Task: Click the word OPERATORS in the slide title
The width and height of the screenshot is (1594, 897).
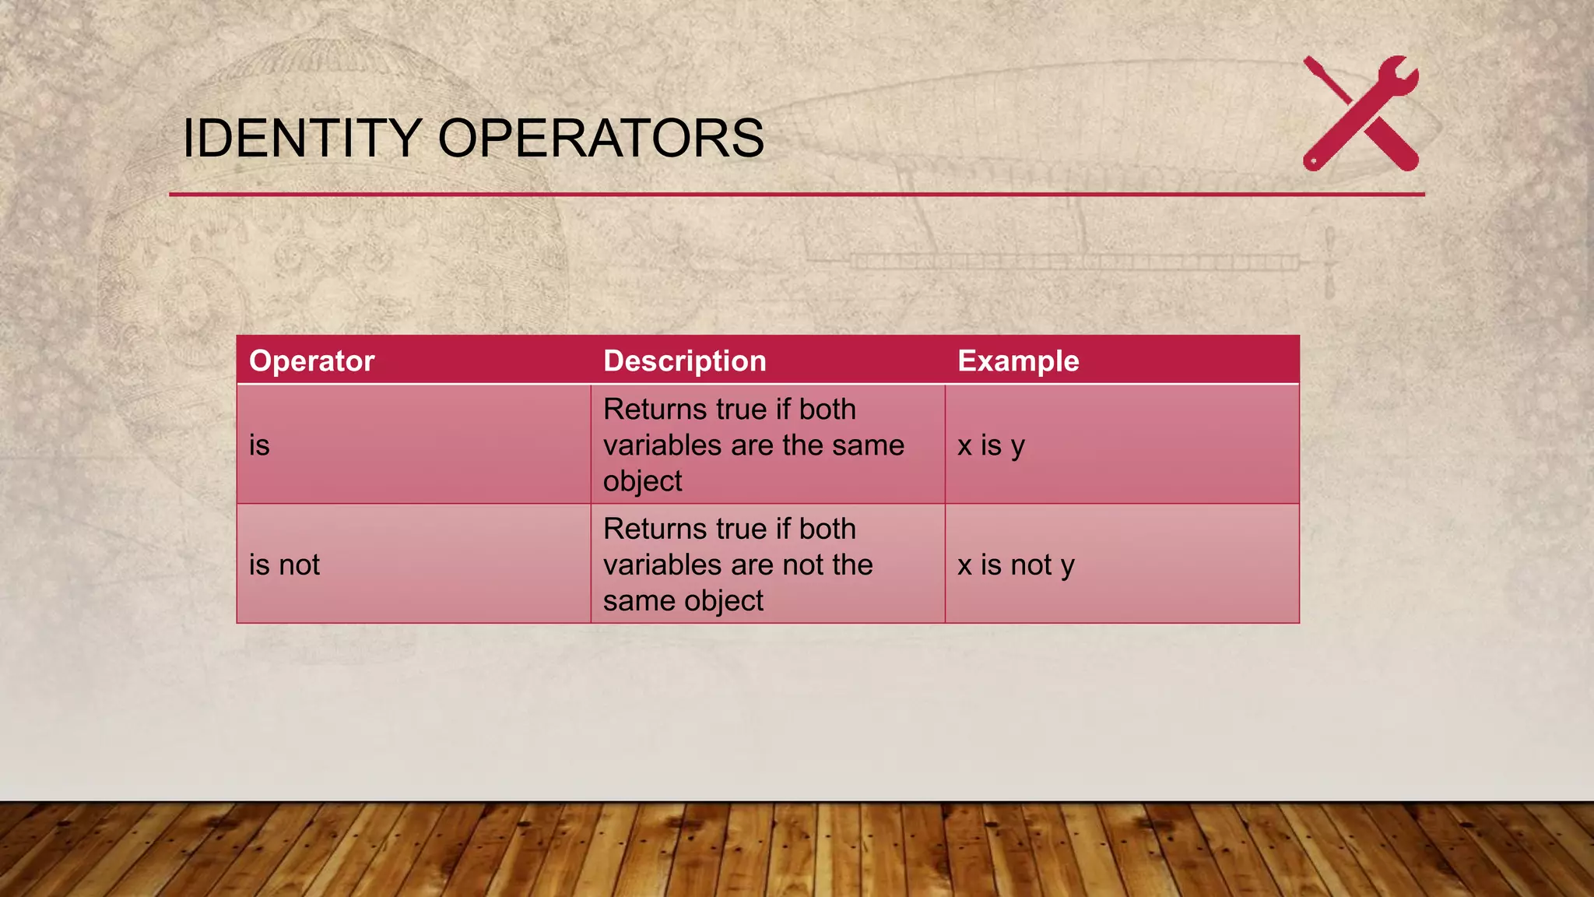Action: tap(601, 139)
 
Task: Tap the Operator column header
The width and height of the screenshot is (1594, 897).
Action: tap(311, 361)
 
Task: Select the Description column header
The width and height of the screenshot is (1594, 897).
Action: tap(684, 361)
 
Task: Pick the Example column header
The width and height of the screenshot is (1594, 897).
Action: tap(1018, 361)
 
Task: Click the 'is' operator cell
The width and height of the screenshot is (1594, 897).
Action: tap(259, 445)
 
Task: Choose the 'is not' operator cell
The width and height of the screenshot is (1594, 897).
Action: tap(284, 565)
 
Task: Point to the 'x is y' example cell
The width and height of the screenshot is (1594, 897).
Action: tap(991, 445)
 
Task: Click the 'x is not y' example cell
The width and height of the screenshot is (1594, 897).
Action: tap(1015, 565)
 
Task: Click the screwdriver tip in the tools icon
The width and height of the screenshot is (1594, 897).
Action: tap(1310, 62)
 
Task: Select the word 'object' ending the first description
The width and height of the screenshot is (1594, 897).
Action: tap(642, 481)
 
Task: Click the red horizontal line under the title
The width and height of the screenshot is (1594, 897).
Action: tap(796, 194)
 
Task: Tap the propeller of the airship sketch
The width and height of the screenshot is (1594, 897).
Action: tap(1329, 263)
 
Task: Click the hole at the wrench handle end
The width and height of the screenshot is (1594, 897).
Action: tap(1313, 162)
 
